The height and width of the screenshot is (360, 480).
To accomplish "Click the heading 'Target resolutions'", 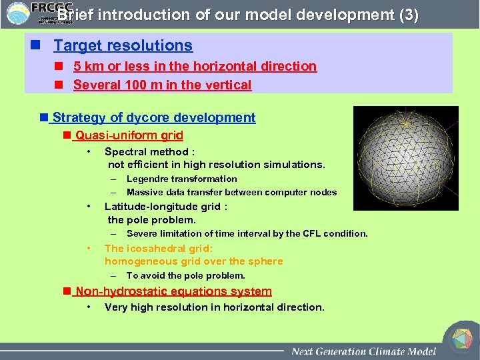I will pos(123,46).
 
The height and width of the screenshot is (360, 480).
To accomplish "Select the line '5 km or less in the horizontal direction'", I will pos(195,67).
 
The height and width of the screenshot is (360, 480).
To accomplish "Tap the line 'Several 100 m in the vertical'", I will pos(162,85).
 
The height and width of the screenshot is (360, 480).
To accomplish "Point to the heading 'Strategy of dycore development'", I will pos(153,118).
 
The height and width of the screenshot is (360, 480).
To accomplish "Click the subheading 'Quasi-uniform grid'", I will pos(129,136).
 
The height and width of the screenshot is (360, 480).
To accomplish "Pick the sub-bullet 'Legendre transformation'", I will pos(181,179).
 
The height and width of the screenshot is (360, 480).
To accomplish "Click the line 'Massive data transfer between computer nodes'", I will pos(231,192).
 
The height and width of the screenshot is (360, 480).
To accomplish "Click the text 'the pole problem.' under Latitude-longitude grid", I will pos(151,220).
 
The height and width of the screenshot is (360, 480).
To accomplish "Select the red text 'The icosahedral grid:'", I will pos(157,248).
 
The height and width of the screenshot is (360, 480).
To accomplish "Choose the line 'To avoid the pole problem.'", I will pos(185,275).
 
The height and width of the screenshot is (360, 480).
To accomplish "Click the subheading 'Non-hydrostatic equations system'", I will pos(173,291).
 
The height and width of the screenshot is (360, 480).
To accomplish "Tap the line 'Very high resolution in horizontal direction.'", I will pos(214,307).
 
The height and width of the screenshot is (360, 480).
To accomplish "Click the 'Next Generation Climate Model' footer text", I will pos(363,351).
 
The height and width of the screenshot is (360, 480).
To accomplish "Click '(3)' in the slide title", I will pos(408,15).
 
